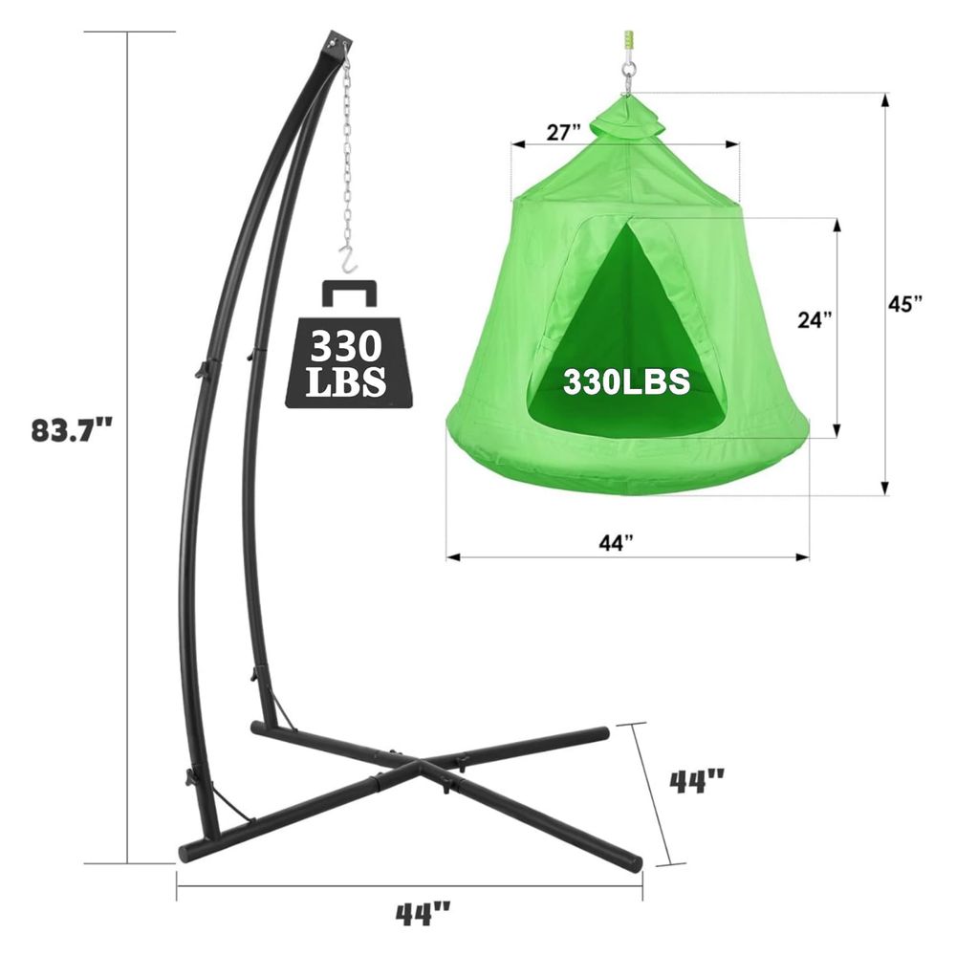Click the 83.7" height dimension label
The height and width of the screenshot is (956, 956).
click(x=72, y=430)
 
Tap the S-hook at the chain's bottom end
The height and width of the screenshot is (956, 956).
click(x=348, y=258)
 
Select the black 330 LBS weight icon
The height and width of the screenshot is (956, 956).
click(x=348, y=344)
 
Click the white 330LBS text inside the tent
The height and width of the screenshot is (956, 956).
click(x=626, y=381)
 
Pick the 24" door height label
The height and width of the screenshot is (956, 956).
click(x=815, y=319)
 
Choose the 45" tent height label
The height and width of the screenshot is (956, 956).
click(x=905, y=303)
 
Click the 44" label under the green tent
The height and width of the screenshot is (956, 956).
click(x=617, y=542)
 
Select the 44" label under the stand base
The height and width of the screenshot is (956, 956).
click(x=423, y=915)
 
